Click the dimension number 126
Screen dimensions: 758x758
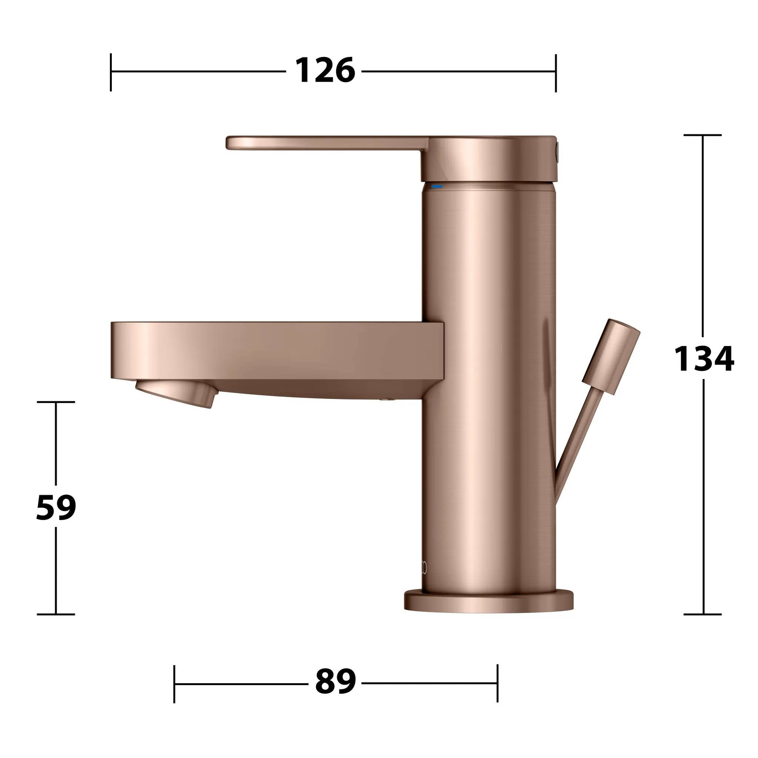coord(325,71)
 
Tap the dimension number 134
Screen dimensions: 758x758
coord(704,359)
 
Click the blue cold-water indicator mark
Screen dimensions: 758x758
coord(437,187)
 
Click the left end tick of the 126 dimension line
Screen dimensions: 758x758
coord(111,72)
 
